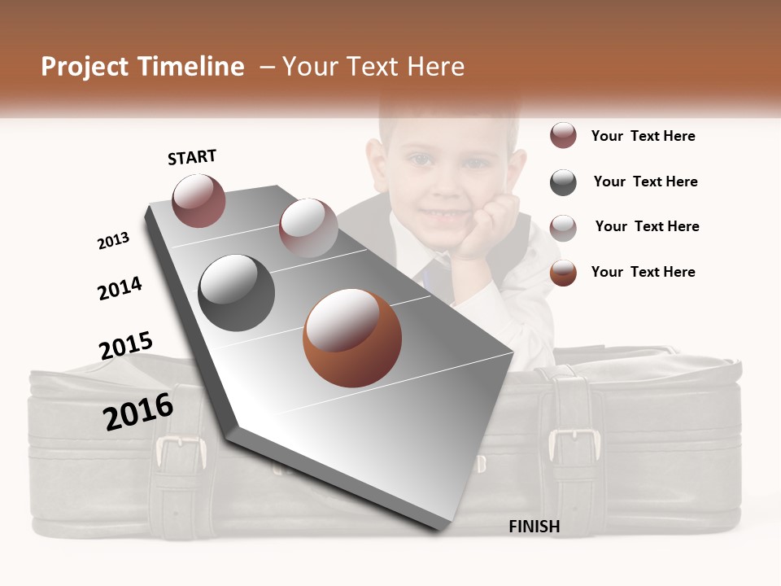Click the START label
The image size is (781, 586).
(x=192, y=157)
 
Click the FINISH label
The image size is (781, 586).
(x=534, y=527)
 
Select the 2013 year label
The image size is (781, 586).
(x=113, y=241)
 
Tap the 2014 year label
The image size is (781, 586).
(x=120, y=288)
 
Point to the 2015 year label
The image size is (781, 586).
(x=126, y=346)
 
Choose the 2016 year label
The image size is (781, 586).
(x=138, y=411)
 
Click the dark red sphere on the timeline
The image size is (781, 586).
(x=199, y=200)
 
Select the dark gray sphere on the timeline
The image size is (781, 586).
(x=237, y=292)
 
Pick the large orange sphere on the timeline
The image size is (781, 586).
(x=352, y=338)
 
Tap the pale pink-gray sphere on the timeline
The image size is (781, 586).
(x=308, y=228)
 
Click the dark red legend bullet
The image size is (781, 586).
(x=563, y=136)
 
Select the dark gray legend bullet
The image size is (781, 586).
(x=563, y=182)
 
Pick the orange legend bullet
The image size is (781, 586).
(x=563, y=273)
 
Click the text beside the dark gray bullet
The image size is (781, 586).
(x=645, y=181)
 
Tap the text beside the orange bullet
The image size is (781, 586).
(x=643, y=272)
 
